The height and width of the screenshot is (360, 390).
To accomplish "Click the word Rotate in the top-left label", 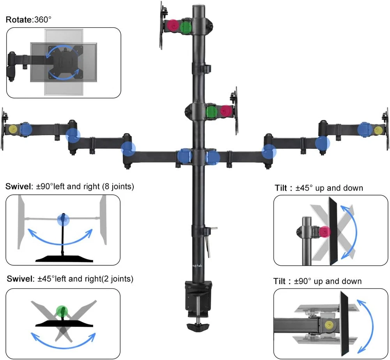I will pos(18,19).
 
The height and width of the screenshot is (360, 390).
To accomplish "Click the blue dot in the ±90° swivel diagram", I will pos(63,219).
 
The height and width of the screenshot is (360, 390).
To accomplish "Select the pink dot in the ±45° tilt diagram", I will pos(324,233).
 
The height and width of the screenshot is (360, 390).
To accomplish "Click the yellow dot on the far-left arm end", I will pos(13,129).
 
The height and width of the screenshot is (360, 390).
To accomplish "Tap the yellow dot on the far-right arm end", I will pos(378,130).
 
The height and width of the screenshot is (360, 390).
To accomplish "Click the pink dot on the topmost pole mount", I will pos(173,26).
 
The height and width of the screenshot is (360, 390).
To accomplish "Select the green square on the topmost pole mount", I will pos(186,27).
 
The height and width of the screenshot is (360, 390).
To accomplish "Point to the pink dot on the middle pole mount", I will pos(225,111).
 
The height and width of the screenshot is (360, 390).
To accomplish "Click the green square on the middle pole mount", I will pos(212,111).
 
